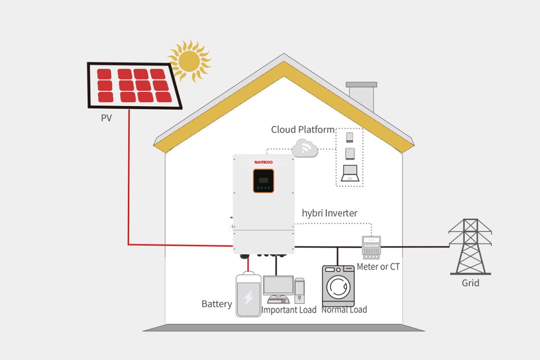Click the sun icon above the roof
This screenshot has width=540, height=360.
[x=189, y=60]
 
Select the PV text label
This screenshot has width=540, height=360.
[x=106, y=119]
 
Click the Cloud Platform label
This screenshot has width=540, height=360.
[x=302, y=130]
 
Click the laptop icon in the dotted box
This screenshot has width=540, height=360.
[x=350, y=173]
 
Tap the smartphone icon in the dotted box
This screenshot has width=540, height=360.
[x=350, y=137]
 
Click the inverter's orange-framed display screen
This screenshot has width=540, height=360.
[x=263, y=180]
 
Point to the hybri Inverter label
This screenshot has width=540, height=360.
[x=329, y=213]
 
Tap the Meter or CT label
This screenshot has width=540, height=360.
[x=378, y=266]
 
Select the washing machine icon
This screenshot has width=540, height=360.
[x=338, y=286]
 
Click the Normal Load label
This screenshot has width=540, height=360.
[x=344, y=310]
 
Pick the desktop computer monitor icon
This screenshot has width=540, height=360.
[x=278, y=286]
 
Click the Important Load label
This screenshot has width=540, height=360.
[x=289, y=310]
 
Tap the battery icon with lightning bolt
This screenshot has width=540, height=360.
[x=248, y=295]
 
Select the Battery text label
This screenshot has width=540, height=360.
[x=216, y=304]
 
